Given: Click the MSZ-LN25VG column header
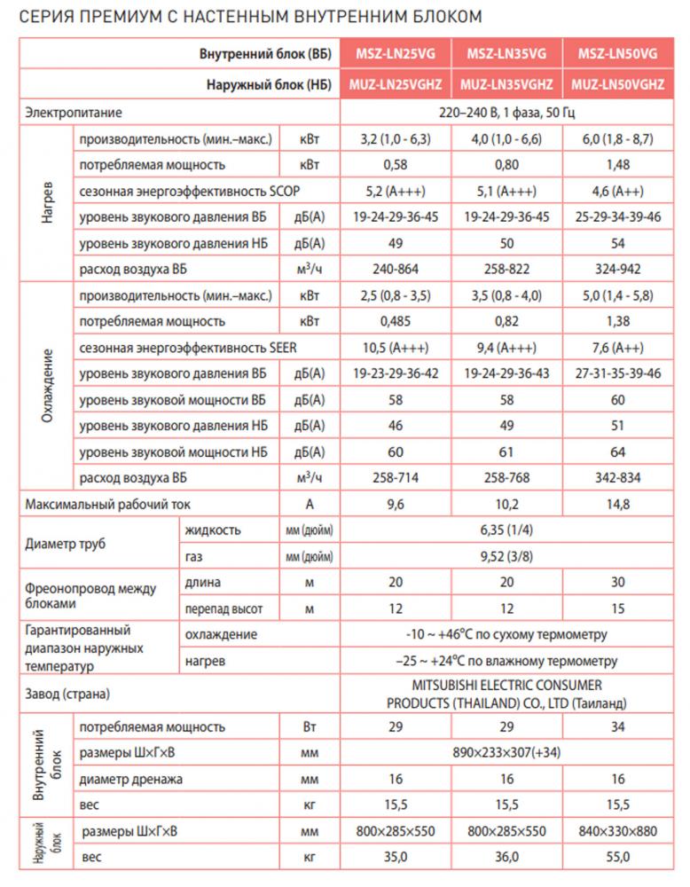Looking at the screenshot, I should pyautogui.click(x=396, y=54).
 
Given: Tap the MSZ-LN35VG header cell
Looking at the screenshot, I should pyautogui.click(x=506, y=54).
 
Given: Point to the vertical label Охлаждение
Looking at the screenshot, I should pyautogui.click(x=46, y=387).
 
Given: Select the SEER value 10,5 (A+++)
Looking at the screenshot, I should pyautogui.click(x=396, y=348).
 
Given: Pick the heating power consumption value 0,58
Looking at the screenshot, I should pyautogui.click(x=396, y=165).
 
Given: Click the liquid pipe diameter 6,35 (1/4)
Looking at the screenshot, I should pyautogui.click(x=506, y=530).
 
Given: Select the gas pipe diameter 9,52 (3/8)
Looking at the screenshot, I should pyautogui.click(x=506, y=557).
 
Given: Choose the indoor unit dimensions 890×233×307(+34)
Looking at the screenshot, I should pyautogui.click(x=506, y=753).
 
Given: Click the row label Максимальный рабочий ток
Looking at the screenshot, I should pyautogui.click(x=107, y=505).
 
